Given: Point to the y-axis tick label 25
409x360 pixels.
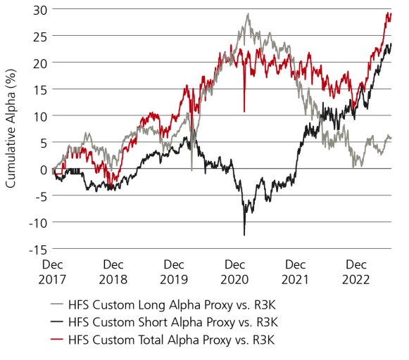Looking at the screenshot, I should (x=39, y=36).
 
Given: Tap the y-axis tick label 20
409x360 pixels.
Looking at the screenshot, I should (x=39, y=63).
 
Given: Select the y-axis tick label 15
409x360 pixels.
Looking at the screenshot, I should (x=39, y=89).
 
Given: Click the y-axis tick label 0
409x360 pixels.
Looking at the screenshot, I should (x=42, y=169).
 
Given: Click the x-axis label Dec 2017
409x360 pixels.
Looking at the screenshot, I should (x=54, y=271).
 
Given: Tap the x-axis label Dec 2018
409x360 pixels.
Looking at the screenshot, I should (x=115, y=271).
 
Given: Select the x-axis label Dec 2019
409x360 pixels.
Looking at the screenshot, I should (x=175, y=271).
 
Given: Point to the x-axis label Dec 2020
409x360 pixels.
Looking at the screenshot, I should (x=236, y=271).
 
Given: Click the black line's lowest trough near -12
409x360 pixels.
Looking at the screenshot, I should (x=244, y=234).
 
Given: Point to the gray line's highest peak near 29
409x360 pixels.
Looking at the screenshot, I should (x=248, y=14).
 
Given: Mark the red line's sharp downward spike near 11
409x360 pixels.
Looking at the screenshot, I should (x=244, y=110).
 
